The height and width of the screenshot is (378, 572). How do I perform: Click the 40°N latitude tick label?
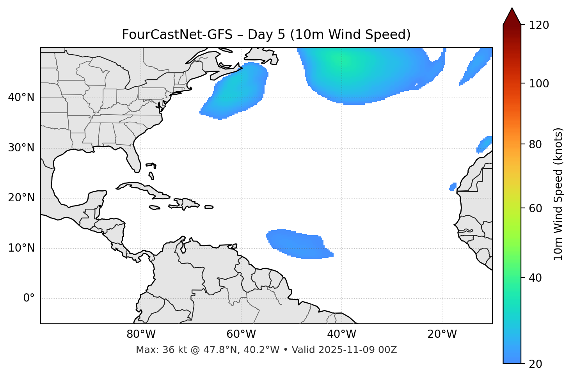[21, 98]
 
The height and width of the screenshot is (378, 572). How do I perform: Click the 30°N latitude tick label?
[21, 148]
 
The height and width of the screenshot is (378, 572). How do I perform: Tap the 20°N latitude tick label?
[21, 198]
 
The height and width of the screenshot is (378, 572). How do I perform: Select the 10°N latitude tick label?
[21, 248]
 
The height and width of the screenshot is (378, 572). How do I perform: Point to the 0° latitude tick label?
[28, 298]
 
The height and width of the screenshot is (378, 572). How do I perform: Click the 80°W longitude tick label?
[141, 334]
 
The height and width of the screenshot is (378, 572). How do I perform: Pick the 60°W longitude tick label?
[241, 334]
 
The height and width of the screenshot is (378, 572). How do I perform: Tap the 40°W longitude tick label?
[342, 334]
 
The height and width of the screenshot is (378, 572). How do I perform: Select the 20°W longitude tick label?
[442, 334]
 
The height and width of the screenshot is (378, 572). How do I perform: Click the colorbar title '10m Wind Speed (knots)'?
[558, 194]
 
